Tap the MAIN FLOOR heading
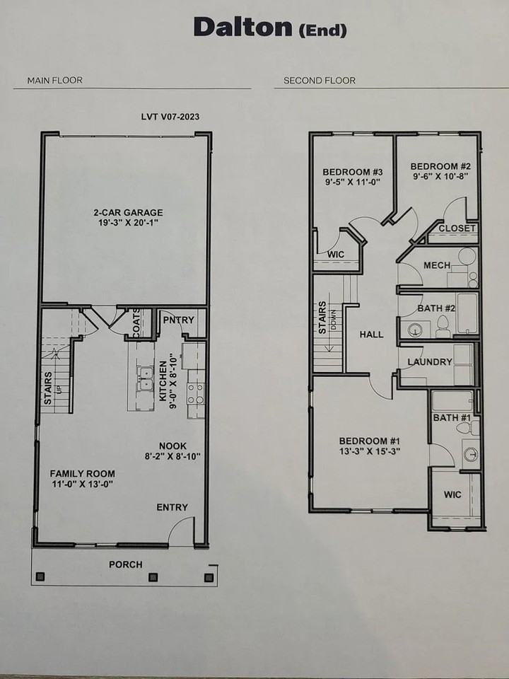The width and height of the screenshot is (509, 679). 54,80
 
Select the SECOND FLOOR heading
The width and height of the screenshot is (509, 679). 320,80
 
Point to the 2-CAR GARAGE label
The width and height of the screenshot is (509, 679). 129,212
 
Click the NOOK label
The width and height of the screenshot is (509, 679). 172,445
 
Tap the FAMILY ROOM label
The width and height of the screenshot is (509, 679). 82,473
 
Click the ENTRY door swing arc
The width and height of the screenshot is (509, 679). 181,529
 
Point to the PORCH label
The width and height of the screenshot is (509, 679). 125,564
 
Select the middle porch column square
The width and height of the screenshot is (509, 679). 152,577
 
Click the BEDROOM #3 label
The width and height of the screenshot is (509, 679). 353,172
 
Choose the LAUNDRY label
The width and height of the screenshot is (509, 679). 430,362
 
